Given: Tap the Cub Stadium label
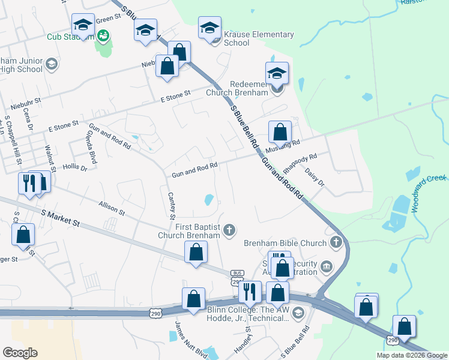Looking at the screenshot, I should point(71,37).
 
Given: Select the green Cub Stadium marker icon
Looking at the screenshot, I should point(104,36).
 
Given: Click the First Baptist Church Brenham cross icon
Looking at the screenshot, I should point(229,230).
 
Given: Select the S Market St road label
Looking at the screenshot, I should point(60,217).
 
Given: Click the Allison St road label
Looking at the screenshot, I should point(112,208).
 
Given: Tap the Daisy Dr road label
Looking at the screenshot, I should point(315,177).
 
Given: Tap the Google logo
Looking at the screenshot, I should point(20,353).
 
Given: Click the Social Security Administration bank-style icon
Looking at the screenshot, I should point(326,266).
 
